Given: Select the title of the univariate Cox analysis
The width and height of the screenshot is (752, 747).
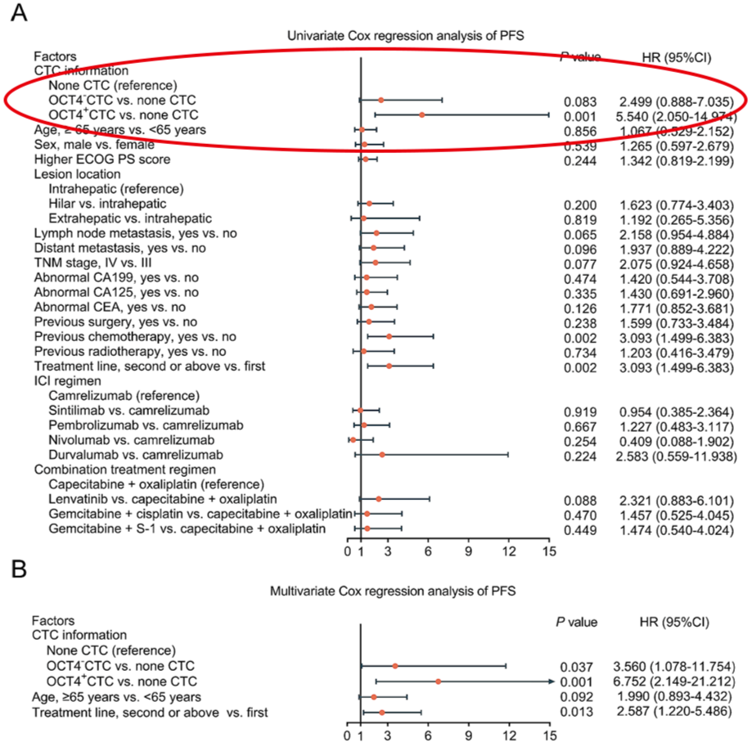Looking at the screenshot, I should click(x=405, y=36).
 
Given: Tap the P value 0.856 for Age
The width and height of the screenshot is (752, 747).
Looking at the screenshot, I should click(x=579, y=130).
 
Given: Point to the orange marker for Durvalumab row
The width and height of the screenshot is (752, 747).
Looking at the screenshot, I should click(x=381, y=454).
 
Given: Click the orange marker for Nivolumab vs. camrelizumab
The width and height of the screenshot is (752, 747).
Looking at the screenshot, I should click(x=353, y=439).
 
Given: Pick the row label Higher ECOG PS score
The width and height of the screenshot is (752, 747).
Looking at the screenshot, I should click(x=91, y=160).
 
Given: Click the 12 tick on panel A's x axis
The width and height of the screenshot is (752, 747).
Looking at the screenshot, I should click(x=508, y=551).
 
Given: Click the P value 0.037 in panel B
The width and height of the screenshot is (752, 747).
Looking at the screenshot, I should click(x=579, y=667).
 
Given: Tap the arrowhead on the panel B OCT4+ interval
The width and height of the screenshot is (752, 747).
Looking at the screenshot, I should click(x=552, y=682).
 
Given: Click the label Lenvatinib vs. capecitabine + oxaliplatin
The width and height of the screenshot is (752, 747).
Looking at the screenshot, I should click(x=163, y=499).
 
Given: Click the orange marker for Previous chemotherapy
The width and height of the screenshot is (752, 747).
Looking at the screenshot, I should click(x=389, y=336).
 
